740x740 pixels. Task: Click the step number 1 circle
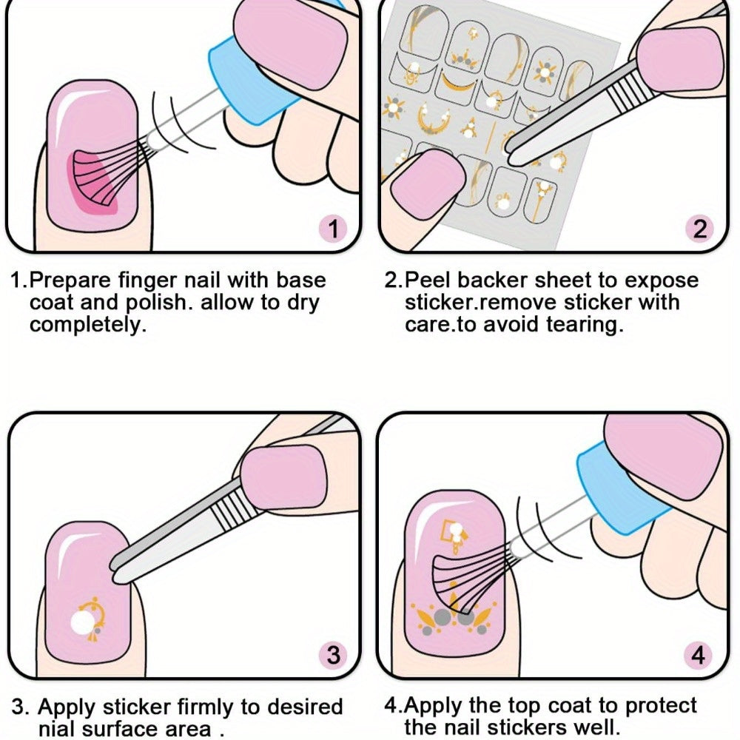(x=334, y=229)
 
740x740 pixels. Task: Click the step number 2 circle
(x=700, y=229)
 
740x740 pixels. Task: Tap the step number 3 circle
(x=333, y=655)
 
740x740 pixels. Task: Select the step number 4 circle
(x=698, y=655)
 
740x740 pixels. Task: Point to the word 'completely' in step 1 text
(x=85, y=325)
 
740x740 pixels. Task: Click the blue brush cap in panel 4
(x=618, y=486)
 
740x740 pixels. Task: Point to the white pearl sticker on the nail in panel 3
(x=83, y=622)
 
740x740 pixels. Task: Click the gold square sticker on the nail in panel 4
(x=448, y=530)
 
